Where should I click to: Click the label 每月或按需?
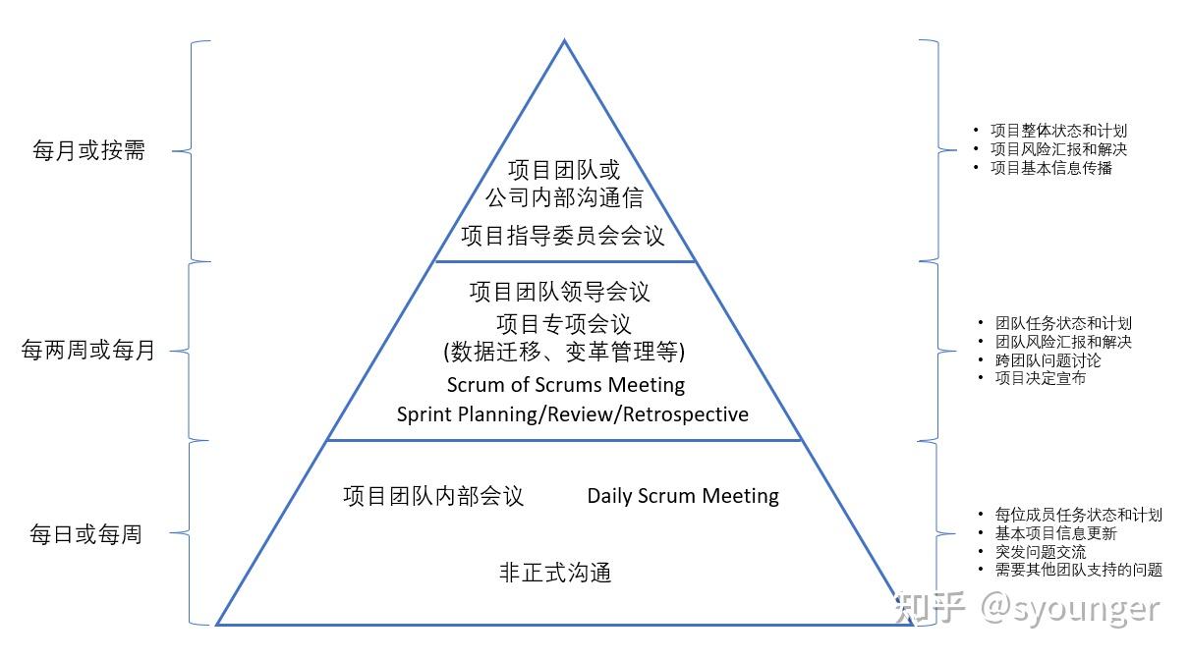(88, 151)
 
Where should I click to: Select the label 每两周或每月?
(88, 351)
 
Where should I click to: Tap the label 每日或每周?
(85, 534)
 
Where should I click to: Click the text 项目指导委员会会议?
(563, 236)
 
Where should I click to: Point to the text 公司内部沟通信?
(564, 197)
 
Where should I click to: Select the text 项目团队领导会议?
(559, 292)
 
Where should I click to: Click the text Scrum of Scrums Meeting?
(565, 384)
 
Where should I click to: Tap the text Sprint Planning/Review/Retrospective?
(572, 414)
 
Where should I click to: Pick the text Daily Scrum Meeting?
(683, 496)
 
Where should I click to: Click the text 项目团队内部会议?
(433, 496)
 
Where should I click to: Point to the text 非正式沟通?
(555, 573)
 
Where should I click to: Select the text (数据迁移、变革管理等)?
(564, 352)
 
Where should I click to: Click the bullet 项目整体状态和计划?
(1058, 131)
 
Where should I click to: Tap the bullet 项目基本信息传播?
(1051, 168)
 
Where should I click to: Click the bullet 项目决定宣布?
(1041, 378)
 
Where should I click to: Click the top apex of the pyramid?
(564, 41)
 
